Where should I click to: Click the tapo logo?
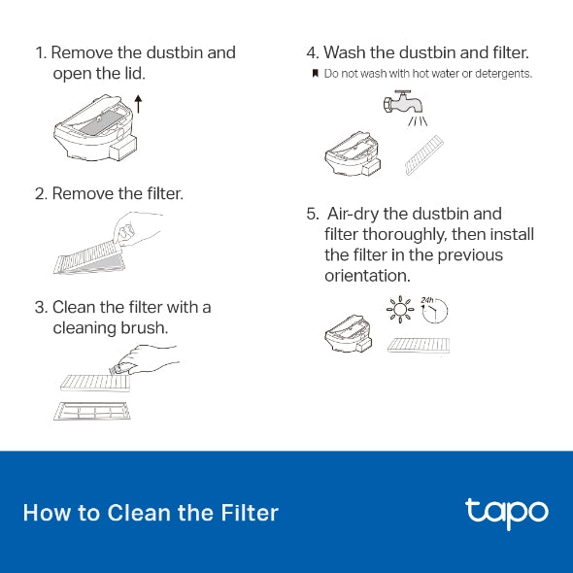[506, 512]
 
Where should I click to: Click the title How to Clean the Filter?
[151, 513]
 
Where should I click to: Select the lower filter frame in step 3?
[91, 412]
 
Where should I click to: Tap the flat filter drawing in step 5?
[419, 345]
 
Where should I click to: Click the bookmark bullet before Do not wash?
[315, 74]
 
